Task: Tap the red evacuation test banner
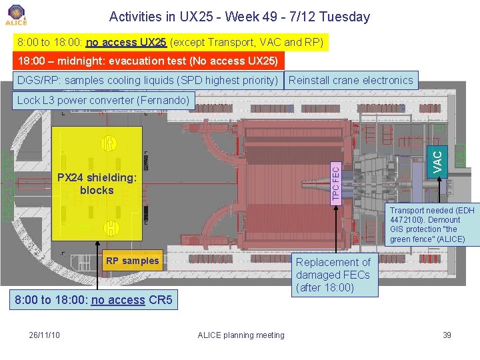click(x=147, y=61)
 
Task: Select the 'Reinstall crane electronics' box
click(x=351, y=80)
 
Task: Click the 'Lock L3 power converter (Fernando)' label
click(x=103, y=101)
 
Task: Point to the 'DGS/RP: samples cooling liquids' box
click(x=147, y=80)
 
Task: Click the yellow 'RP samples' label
click(x=132, y=261)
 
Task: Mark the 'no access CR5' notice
click(x=93, y=300)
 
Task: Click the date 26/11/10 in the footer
click(x=45, y=335)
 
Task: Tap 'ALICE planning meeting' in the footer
click(x=241, y=335)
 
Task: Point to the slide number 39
click(x=447, y=335)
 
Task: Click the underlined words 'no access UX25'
click(x=126, y=43)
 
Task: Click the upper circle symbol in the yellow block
click(x=108, y=144)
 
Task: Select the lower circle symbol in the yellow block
click(x=111, y=228)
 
